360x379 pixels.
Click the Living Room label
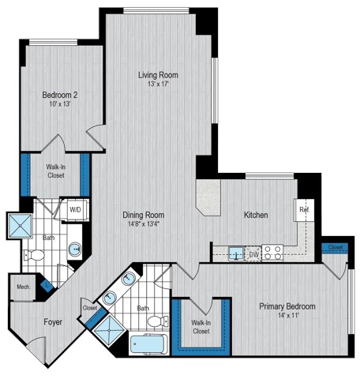click(x=158, y=75)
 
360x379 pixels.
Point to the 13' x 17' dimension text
click(x=158, y=84)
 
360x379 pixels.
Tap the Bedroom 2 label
click(x=59, y=96)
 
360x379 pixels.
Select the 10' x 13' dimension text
click(x=59, y=105)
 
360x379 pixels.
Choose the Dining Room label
click(x=143, y=215)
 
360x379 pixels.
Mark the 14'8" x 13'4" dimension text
click(x=143, y=224)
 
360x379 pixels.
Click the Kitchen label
click(x=255, y=215)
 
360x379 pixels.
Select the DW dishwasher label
click(x=254, y=254)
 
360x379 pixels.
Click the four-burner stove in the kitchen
click(x=273, y=253)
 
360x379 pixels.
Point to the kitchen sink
click(x=235, y=253)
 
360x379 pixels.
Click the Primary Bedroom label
click(x=288, y=306)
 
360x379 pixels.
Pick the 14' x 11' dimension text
click(x=288, y=316)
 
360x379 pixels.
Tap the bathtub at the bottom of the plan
click(x=148, y=344)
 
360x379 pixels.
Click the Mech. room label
click(x=22, y=287)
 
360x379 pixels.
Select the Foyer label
click(x=53, y=322)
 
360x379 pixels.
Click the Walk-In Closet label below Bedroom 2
click(x=55, y=171)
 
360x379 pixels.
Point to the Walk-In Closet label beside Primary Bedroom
click(x=201, y=326)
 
